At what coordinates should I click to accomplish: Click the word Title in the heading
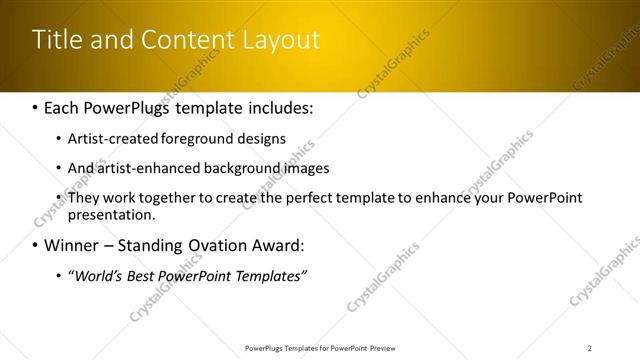coord(55,40)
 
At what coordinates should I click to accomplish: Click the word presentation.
coord(111,214)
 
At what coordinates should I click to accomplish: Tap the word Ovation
coord(217,245)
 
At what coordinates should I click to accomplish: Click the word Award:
coord(276,245)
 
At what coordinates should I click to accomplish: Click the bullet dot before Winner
coord(37,245)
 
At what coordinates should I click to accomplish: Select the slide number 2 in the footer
coord(589,348)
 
